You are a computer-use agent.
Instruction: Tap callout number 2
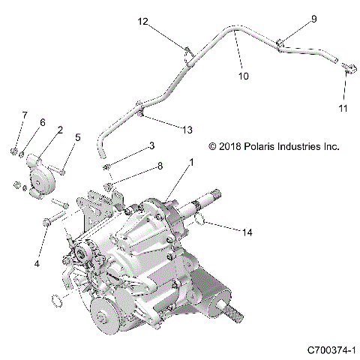coord(59,130)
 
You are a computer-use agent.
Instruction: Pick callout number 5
coord(78,137)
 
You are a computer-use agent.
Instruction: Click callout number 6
coord(43,121)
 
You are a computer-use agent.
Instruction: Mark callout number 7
coord(24,115)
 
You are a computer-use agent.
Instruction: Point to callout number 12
coord(142,22)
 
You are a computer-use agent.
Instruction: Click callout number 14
coord(247,233)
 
